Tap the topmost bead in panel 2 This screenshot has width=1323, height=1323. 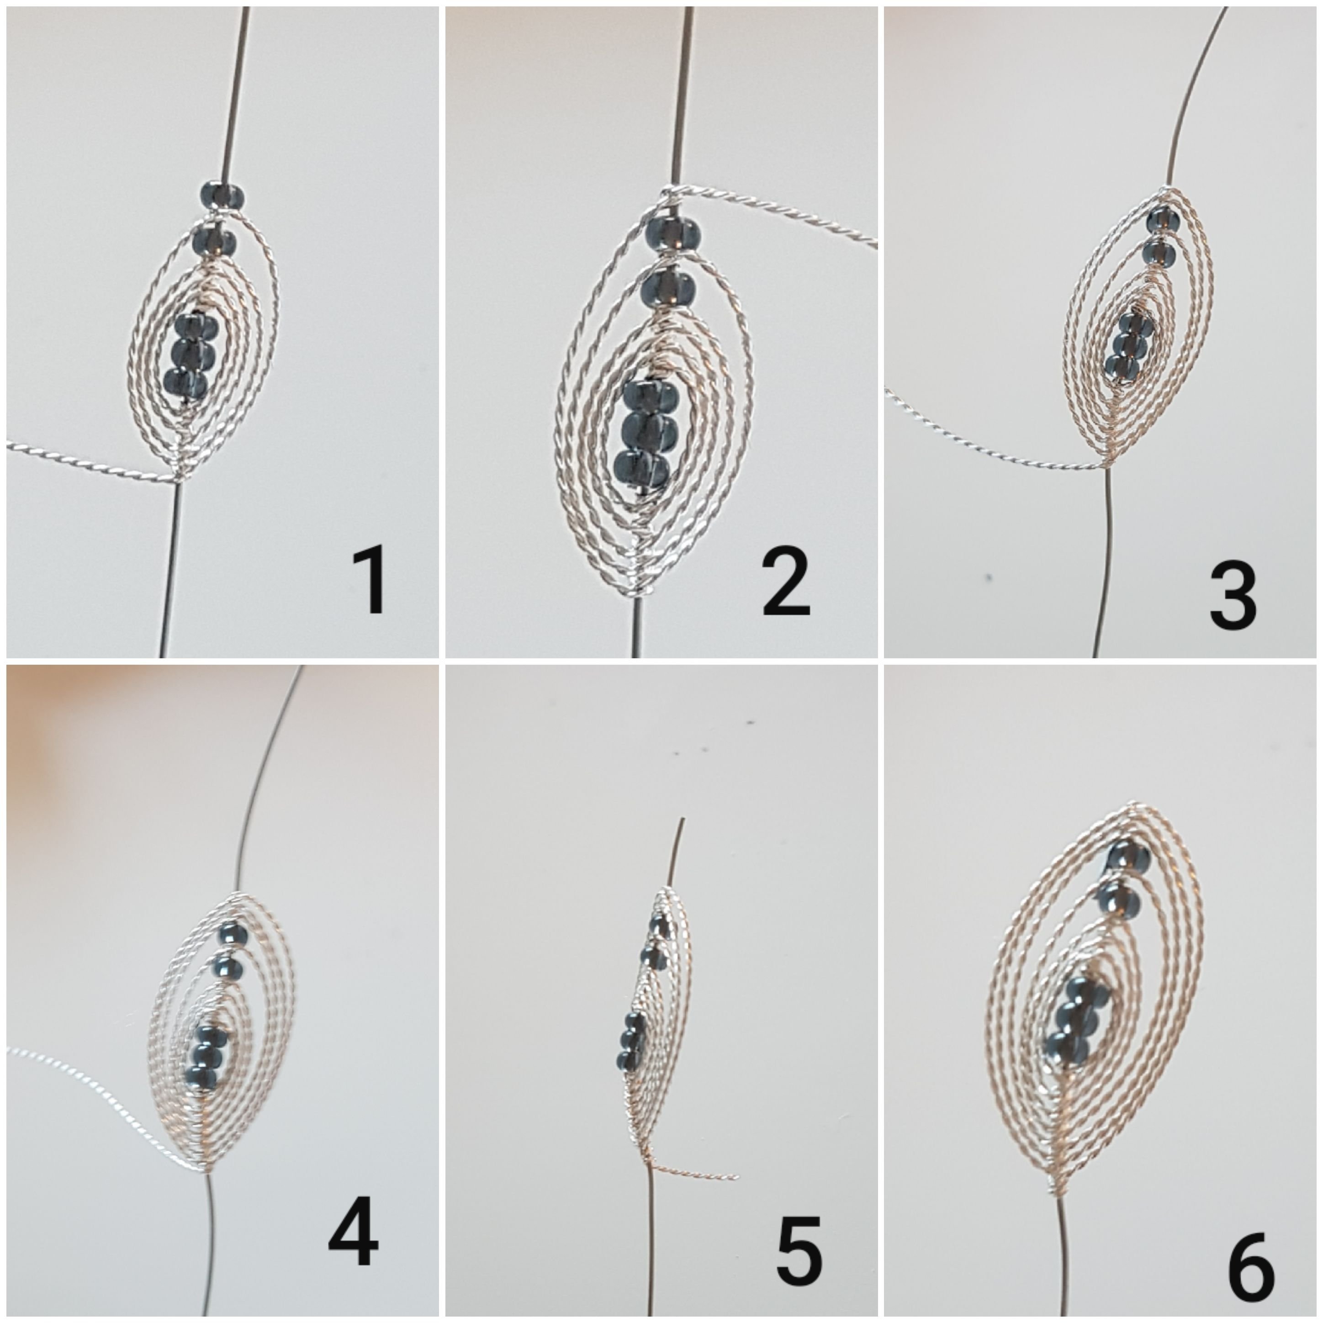[x=672, y=233]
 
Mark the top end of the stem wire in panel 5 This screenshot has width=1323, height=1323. [x=682, y=820]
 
